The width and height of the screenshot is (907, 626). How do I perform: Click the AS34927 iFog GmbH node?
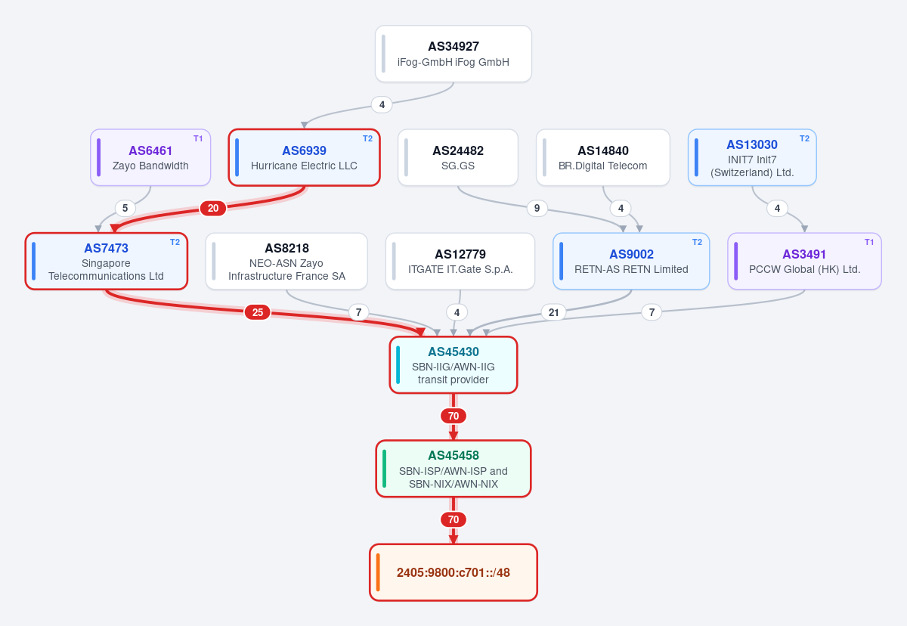[453, 54]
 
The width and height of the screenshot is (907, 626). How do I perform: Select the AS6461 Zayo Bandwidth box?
[150, 157]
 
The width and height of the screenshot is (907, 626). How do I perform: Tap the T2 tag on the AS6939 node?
[367, 138]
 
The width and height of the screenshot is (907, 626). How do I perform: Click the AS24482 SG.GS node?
[458, 157]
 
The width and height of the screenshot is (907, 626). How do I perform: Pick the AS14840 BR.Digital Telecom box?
[603, 157]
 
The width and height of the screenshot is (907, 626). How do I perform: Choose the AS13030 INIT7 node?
[752, 157]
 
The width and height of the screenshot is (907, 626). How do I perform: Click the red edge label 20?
[213, 208]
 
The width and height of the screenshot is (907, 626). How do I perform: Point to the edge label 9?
[537, 208]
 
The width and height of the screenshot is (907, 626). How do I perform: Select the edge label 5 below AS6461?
[125, 208]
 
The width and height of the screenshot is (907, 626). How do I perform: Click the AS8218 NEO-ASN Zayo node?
[286, 261]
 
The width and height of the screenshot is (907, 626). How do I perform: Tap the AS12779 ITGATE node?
[460, 261]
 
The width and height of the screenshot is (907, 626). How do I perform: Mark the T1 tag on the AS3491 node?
[869, 242]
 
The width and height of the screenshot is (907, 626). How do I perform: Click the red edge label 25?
[258, 312]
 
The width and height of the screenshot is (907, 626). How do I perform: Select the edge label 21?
[553, 312]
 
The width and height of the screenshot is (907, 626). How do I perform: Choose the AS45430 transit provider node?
[453, 365]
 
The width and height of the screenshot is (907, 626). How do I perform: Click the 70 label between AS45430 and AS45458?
[453, 416]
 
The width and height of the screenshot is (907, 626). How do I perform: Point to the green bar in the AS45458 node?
[384, 469]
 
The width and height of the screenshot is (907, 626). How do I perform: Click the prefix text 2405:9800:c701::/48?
[453, 572]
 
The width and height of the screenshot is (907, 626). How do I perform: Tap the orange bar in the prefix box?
[378, 572]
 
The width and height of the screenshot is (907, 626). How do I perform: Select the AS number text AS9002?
[631, 254]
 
